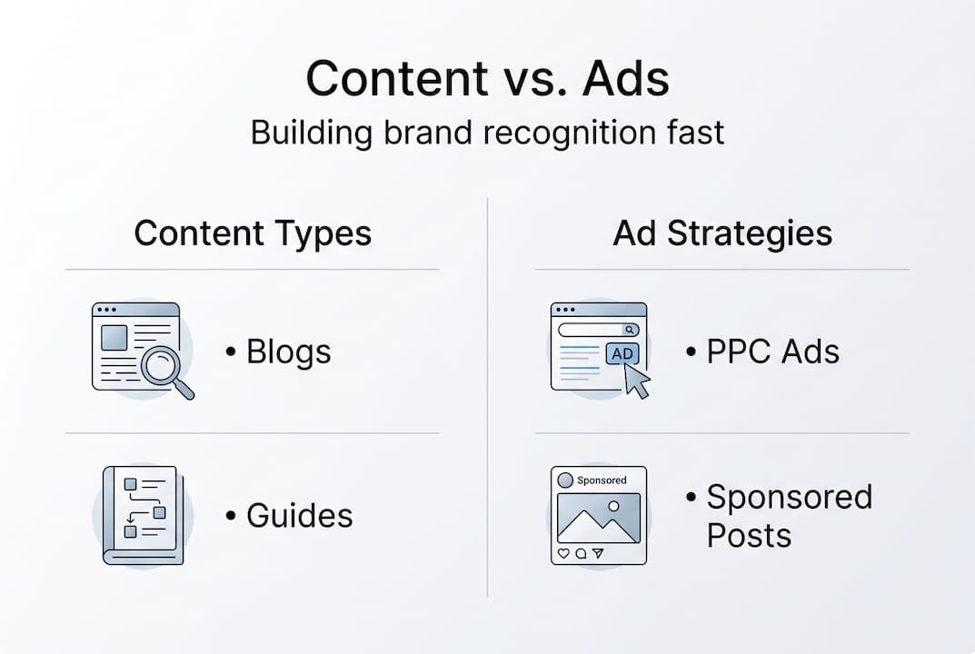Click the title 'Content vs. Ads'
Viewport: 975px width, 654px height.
487,79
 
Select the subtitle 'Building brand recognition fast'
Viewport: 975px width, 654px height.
487,133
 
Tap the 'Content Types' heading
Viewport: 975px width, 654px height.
253,233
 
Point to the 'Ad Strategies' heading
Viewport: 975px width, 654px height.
722,233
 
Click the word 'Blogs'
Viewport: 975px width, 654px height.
288,352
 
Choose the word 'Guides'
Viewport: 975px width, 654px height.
299,516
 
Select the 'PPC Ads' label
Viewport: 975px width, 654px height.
772,352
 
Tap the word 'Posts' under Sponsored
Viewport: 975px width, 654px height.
749,535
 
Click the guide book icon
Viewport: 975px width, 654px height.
143,515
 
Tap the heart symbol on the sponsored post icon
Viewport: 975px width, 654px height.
563,552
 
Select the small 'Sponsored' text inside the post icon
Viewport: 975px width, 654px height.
602,481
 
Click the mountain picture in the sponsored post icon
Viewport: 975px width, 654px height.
598,518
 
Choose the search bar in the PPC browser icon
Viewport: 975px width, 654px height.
598,330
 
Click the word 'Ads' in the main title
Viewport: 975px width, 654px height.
626,79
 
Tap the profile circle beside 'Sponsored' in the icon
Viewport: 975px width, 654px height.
565,480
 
